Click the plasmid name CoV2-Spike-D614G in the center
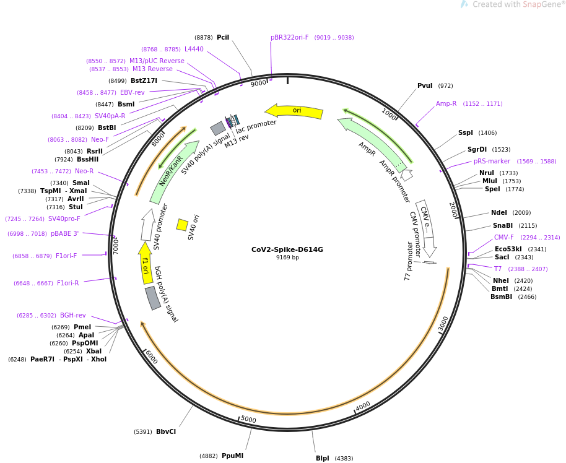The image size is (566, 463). click(x=287, y=249)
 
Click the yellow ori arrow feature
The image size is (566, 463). click(x=294, y=111)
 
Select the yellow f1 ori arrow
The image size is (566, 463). click(x=146, y=262)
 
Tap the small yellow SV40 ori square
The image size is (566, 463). click(x=182, y=225)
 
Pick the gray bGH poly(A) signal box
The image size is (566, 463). click(x=153, y=298)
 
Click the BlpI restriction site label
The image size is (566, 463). click(x=323, y=458)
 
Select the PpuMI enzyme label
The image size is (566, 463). click(x=232, y=456)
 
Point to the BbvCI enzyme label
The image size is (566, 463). click(x=166, y=431)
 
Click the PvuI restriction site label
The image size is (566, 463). click(x=425, y=85)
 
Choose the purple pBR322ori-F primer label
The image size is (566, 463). click(x=289, y=38)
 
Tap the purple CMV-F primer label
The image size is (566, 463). click(x=504, y=237)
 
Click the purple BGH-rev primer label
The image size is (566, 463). click(x=73, y=316)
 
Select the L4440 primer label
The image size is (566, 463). click(x=194, y=49)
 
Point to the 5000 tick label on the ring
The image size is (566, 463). click(x=248, y=419)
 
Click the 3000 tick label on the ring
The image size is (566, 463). click(x=443, y=322)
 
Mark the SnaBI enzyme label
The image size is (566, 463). click(x=503, y=225)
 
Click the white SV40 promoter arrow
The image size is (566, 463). click(x=147, y=225)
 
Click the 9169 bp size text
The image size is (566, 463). click(x=287, y=257)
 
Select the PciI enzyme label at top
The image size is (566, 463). click(x=223, y=38)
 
